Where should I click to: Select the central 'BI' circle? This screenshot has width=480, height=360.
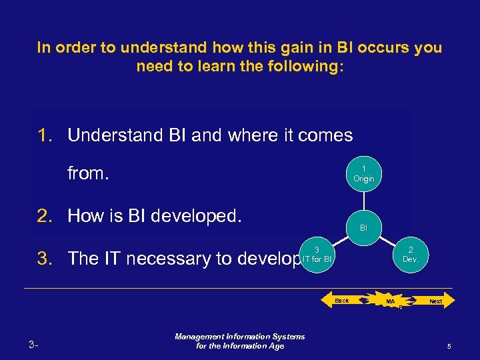click(x=363, y=227)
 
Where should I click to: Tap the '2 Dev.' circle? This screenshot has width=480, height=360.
click(x=410, y=254)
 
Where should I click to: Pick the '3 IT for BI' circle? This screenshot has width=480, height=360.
click(x=317, y=254)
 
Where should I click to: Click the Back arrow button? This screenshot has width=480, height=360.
click(x=343, y=301)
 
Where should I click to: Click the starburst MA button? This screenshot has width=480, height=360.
click(x=391, y=302)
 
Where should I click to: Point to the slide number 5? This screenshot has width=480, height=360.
click(x=449, y=346)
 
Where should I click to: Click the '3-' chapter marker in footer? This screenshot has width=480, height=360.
click(x=34, y=345)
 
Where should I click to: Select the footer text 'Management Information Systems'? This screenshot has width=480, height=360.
click(x=239, y=337)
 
